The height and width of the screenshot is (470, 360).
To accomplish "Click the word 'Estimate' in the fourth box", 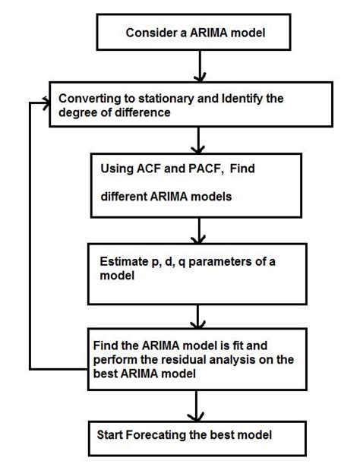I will (124, 262).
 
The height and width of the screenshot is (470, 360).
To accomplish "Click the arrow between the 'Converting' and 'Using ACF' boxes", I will (198, 140).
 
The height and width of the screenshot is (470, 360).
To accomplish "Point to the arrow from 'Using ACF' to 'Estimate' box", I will (198, 229).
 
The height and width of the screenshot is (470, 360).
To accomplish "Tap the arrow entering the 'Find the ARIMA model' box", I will (198, 315).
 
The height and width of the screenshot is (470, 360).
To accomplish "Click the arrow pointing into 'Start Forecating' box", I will (198, 408).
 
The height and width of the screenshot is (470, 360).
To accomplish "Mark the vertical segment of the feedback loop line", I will (30, 235).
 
